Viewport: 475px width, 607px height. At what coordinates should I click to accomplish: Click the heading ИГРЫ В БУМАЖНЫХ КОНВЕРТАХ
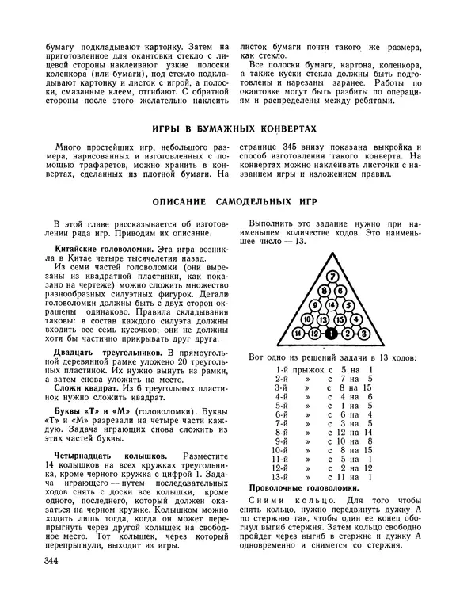coord(234,128)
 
